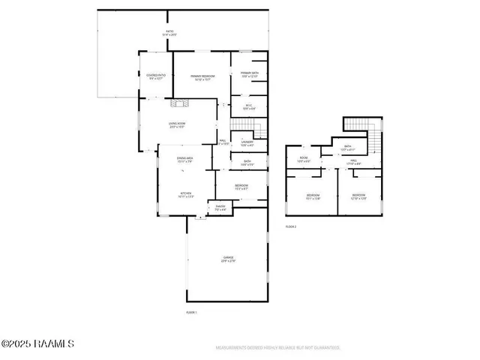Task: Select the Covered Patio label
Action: pos(155,77)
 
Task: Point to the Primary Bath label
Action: pos(249,75)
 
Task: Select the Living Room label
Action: pos(177,124)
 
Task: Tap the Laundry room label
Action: pos(247,142)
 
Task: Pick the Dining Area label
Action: pos(185,160)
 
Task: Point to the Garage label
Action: pos(228,259)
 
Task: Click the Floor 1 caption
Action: pos(191,311)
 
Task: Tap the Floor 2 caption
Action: pos(291,226)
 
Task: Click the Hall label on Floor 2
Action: pos(352,162)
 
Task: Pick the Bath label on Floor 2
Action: pos(347,148)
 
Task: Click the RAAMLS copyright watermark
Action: pos(37,344)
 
